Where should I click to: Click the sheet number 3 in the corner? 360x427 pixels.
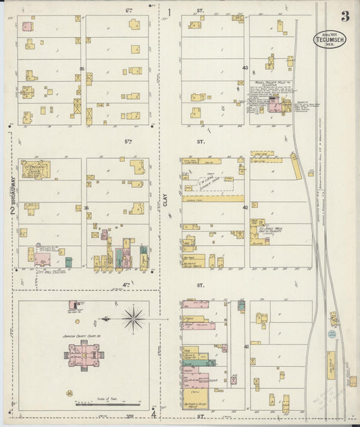point(344,16)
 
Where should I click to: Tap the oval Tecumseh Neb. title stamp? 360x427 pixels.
point(330,39)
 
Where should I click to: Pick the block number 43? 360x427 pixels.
point(245,68)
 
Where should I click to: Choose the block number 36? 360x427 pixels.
point(85,208)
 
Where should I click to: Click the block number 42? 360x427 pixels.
point(246,207)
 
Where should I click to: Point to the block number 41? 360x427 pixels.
point(247,347)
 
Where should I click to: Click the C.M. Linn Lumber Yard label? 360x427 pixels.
point(205,182)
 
